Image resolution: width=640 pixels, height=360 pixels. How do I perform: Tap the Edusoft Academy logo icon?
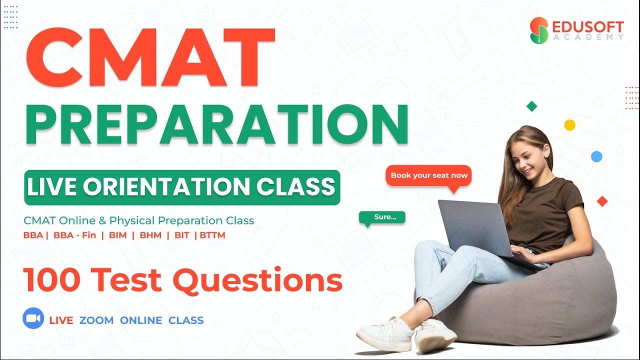point(539,30)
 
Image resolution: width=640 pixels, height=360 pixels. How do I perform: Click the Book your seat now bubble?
point(429,175)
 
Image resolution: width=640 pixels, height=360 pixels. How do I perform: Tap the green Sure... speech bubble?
point(382,217)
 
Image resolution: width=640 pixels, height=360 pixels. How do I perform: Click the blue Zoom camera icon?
point(33,319)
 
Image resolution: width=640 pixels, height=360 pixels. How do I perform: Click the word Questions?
point(257,281)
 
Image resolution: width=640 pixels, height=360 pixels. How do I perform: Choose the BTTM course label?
point(212,235)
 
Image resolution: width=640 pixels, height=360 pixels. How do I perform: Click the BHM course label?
point(150,235)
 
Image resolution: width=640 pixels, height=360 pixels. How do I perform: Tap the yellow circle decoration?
point(569,125)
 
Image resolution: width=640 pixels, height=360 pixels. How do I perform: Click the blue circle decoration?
point(596,156)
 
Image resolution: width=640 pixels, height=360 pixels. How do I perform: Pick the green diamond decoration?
point(531,106)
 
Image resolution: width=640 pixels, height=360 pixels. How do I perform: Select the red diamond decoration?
point(602,201)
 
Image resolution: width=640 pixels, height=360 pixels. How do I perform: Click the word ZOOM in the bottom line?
point(96,320)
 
